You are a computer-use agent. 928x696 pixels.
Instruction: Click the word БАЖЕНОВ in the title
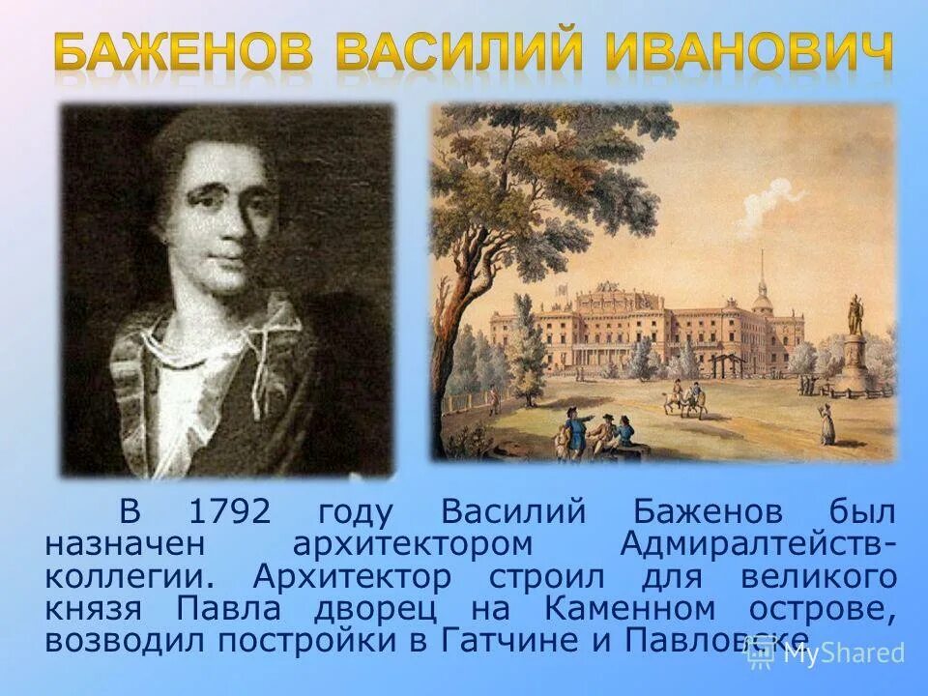point(184,52)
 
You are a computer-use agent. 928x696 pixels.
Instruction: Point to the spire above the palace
point(763,275)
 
